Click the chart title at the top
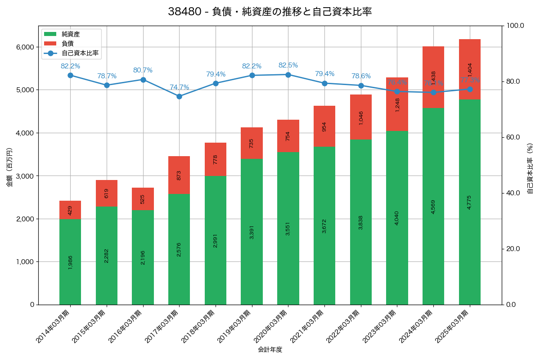click(270, 12)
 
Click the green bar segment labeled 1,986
click(70, 262)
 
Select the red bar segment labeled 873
click(179, 175)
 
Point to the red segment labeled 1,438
click(433, 77)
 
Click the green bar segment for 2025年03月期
click(470, 202)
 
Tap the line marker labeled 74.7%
click(179, 96)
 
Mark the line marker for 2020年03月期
click(288, 75)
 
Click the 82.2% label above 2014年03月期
click(70, 66)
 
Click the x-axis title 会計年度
click(270, 350)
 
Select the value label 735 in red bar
click(252, 143)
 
